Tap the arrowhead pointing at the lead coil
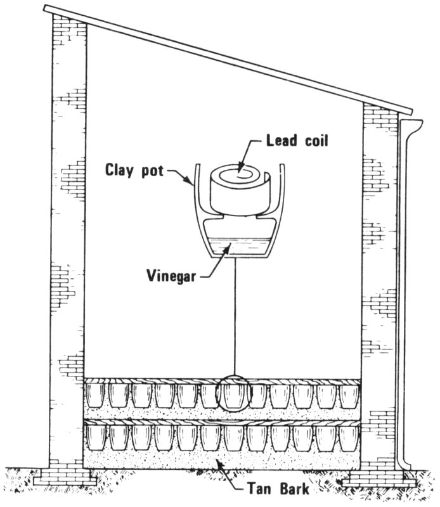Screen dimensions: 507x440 click(240, 168)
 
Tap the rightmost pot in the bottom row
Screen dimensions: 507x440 click(348, 437)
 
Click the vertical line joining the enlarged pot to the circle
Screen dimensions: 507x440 click(235, 317)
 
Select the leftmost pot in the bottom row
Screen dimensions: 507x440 click(95, 437)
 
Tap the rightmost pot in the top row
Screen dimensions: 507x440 click(348, 395)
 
